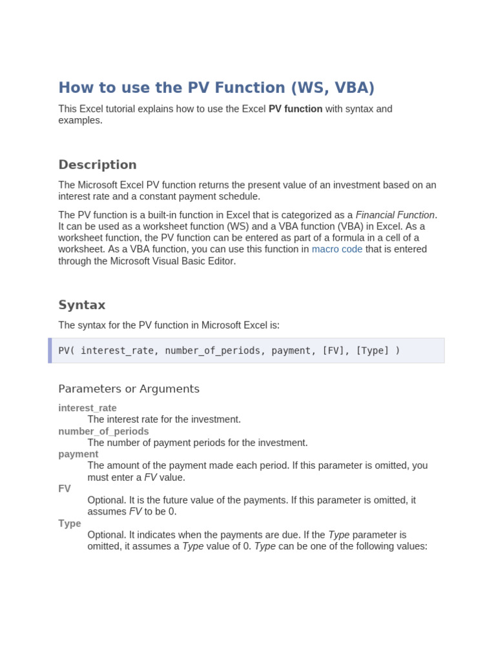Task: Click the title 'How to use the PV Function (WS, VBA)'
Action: (216, 88)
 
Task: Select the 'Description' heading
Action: (98, 165)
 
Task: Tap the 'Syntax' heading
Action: (82, 305)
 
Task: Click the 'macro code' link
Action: (337, 249)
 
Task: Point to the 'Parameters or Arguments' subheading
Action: (129, 389)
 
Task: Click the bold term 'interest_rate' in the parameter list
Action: (87, 408)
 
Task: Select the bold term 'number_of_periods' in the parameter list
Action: (103, 431)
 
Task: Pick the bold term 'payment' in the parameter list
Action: (78, 454)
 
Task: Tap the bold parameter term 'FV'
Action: (65, 489)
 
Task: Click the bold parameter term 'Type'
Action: (70, 524)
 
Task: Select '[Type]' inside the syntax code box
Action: (373, 351)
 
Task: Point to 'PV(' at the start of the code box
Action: (67, 351)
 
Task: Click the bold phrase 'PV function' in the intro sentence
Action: (295, 109)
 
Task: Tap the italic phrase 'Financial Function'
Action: (395, 214)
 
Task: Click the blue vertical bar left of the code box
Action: (50, 351)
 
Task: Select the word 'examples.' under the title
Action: (80, 121)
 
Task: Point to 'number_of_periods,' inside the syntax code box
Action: (212, 351)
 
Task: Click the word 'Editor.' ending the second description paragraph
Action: (220, 261)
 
